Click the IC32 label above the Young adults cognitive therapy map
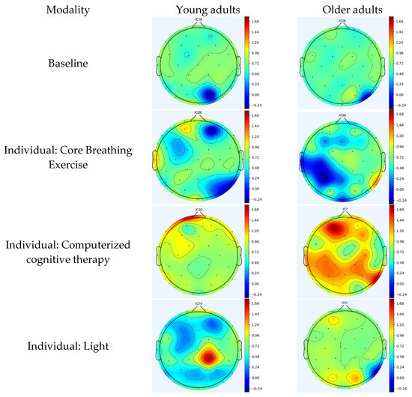pyautogui.click(x=199, y=210)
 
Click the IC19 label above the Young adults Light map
pyautogui.click(x=199, y=304)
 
